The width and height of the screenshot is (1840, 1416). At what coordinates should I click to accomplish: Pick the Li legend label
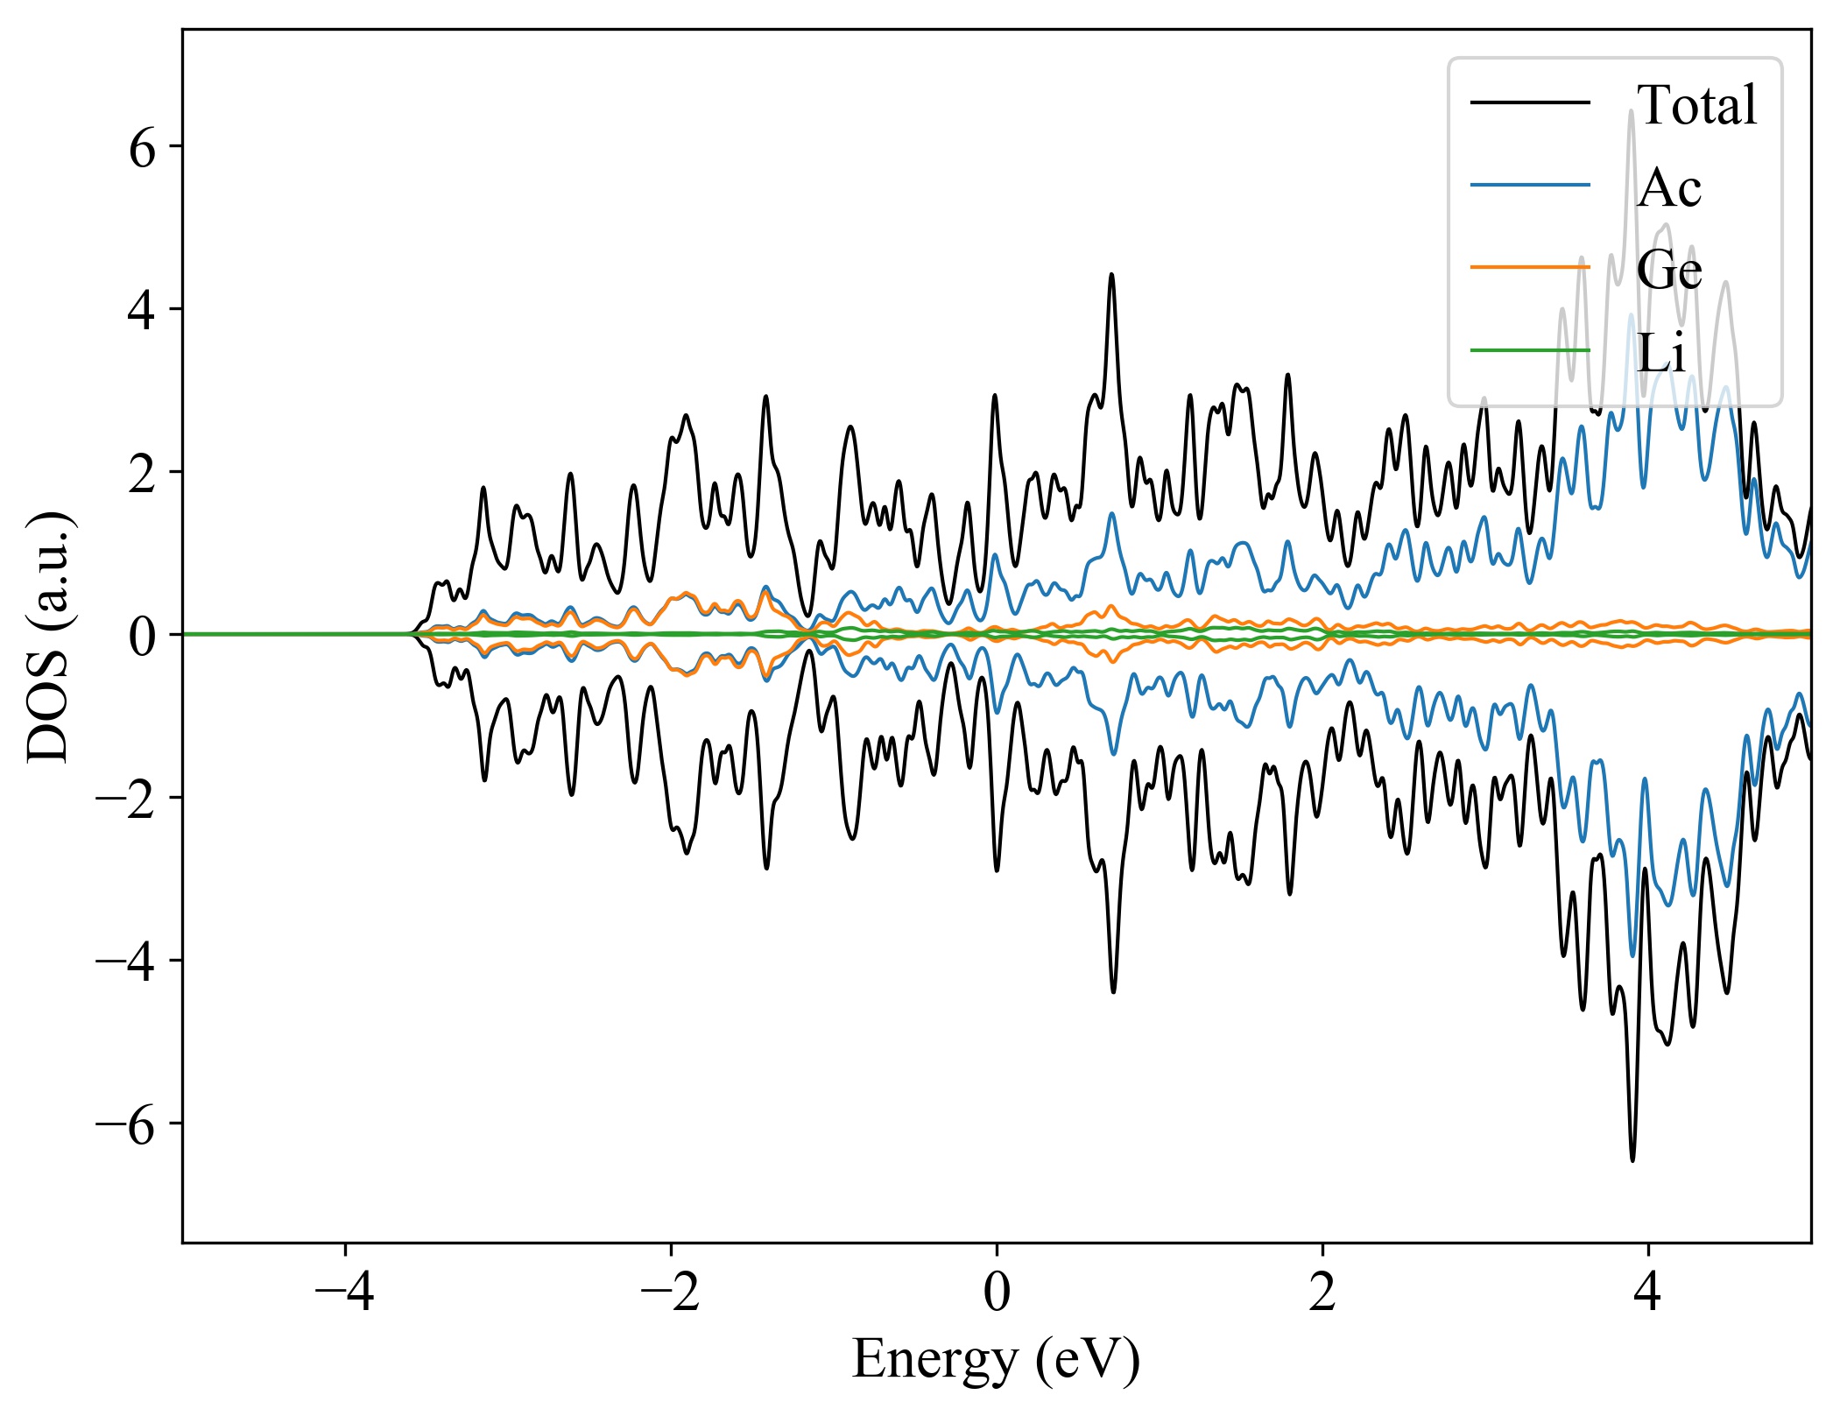pos(1661,352)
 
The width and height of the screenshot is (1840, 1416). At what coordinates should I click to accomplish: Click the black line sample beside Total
pos(1530,103)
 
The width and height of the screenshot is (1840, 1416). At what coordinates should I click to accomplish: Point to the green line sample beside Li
pos(1530,350)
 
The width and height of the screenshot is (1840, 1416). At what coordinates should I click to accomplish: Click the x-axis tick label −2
pos(670,1292)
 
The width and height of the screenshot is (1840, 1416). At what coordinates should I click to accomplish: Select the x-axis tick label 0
pos(997,1292)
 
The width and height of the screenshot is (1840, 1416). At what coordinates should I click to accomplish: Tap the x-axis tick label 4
pos(1648,1292)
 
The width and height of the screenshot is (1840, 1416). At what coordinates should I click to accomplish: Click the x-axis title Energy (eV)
pos(996,1359)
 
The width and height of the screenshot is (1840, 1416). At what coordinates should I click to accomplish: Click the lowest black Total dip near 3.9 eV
pos(1632,1159)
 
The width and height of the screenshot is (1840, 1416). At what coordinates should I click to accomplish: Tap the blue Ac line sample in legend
pos(1530,185)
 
